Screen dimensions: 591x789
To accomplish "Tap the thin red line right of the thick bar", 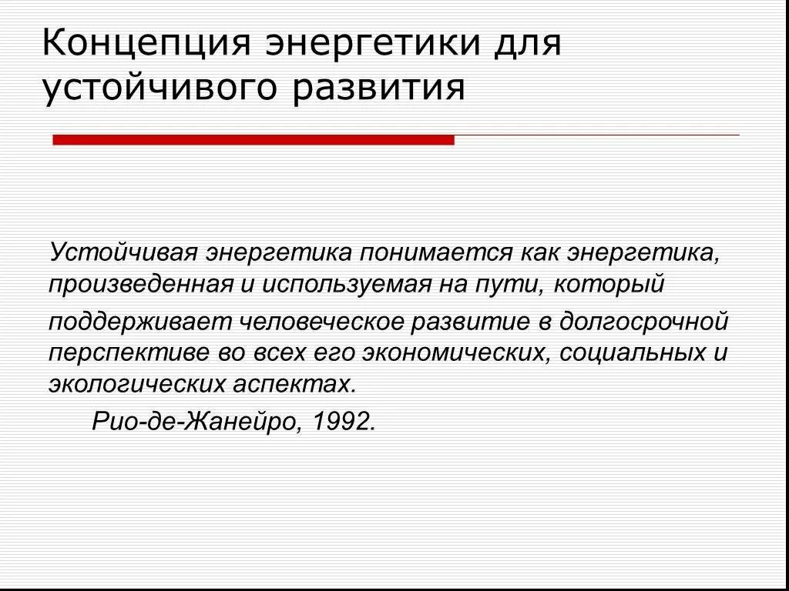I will (596, 135).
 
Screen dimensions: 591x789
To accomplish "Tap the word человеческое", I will (319, 321).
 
